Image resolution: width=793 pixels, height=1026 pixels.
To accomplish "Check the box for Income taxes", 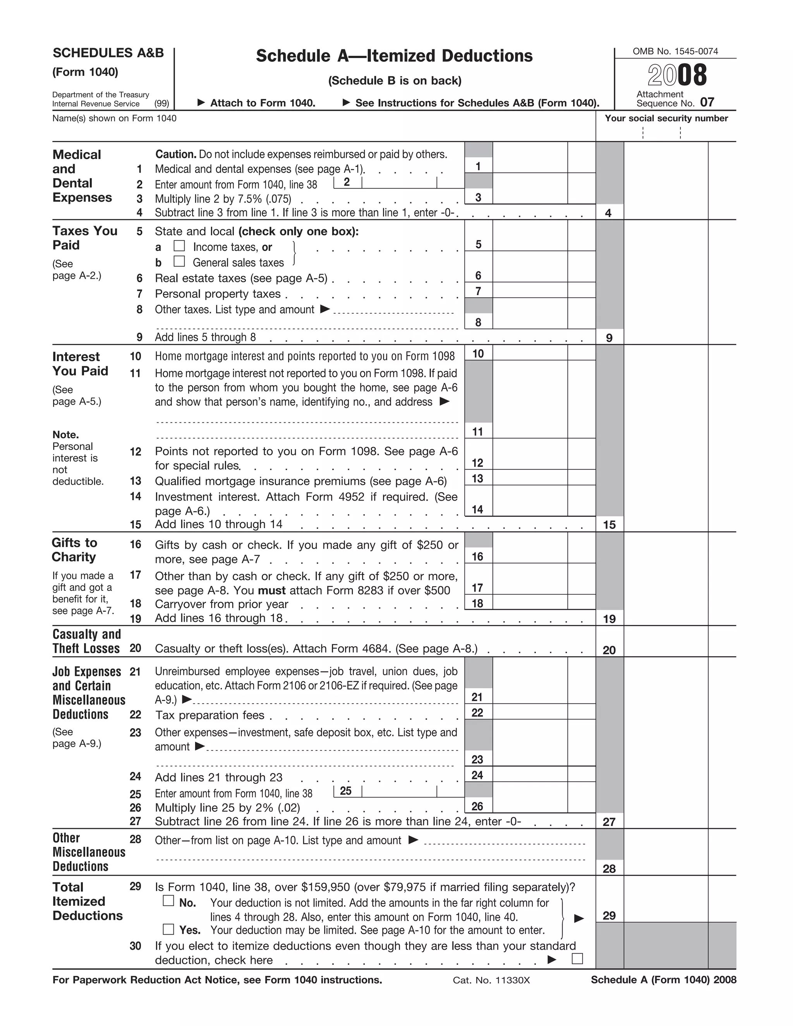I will pyautogui.click(x=179, y=246).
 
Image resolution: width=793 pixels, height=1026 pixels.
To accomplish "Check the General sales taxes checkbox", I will pyautogui.click(x=179, y=261).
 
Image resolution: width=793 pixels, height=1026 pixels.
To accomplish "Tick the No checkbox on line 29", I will pyautogui.click(x=168, y=901).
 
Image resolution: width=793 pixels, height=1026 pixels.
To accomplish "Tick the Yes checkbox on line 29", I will pyautogui.click(x=168, y=929).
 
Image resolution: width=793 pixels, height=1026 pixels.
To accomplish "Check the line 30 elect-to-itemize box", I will pyautogui.click(x=577, y=959).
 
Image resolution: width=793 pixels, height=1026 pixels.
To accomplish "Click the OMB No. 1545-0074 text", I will pyautogui.click(x=675, y=51).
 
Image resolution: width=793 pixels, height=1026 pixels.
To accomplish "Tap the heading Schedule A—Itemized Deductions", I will pyautogui.click(x=394, y=56).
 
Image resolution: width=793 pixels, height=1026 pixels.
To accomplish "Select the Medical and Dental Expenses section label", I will pyautogui.click(x=82, y=176).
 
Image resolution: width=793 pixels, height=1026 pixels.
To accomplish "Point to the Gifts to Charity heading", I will pyautogui.click(x=74, y=550).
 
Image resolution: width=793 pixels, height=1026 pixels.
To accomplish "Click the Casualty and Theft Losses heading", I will pyautogui.click(x=86, y=641).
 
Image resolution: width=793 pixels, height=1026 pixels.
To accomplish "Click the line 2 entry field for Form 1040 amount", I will pyautogui.click(x=399, y=182).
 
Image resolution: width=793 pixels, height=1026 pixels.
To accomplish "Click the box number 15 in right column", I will pyautogui.click(x=609, y=525).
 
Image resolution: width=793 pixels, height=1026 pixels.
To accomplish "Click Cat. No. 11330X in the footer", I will pyautogui.click(x=491, y=980).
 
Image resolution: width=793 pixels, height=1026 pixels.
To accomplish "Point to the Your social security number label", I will pyautogui.click(x=666, y=118).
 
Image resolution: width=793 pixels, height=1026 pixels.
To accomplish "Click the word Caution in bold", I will pyautogui.click(x=175, y=154).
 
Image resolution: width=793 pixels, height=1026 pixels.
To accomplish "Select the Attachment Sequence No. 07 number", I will pyautogui.click(x=707, y=103).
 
